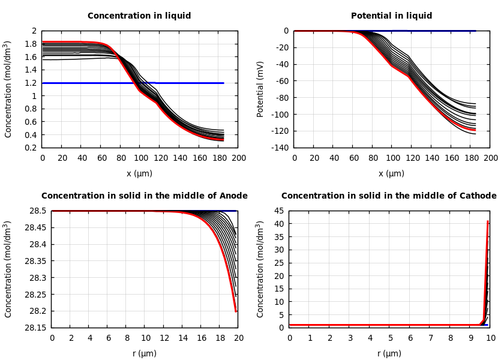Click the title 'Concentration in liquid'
click(139, 16)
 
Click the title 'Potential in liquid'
click(391, 16)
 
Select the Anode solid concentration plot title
click(144, 196)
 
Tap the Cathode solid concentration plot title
click(389, 196)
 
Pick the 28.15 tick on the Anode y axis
click(35, 328)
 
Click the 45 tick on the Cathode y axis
click(279, 211)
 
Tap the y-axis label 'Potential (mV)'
click(260, 89)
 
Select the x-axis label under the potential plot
click(391, 174)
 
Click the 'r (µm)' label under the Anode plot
click(145, 354)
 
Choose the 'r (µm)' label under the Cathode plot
click(389, 354)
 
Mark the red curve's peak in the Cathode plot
click(488, 221)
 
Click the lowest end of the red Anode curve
click(236, 311)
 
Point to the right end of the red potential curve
click(475, 130)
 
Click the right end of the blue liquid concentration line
click(223, 83)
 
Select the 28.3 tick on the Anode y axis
click(37, 278)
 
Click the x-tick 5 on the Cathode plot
click(390, 338)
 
